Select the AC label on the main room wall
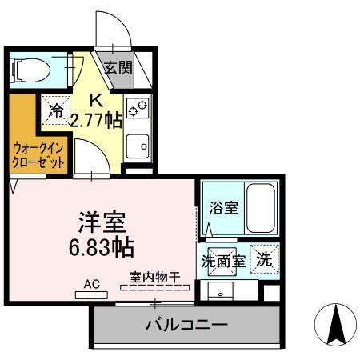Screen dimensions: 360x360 [91, 282]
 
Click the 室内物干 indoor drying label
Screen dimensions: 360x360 [154, 278]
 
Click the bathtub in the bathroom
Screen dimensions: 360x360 [261, 208]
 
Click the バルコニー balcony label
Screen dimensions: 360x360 [186, 326]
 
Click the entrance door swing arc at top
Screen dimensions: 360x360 [112, 32]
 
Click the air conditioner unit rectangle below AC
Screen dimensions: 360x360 [92, 294]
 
